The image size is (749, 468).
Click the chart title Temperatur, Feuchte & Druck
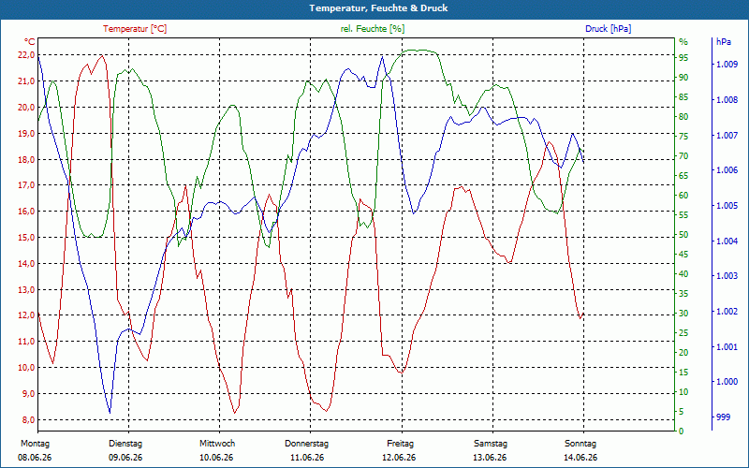378,8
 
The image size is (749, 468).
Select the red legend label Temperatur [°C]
135,29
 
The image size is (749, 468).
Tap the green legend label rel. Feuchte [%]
372,29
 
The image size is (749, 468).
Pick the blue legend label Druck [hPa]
608,29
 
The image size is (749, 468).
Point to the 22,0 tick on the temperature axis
26,55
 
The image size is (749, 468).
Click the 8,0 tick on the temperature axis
26,419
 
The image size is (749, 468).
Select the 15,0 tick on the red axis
26,238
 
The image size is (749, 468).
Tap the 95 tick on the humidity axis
683,58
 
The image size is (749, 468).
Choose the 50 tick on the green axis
683,235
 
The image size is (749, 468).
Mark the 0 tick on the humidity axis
682,431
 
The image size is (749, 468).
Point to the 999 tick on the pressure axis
724,417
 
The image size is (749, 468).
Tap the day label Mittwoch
217,444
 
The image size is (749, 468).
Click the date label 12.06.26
399,458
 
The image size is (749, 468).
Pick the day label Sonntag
580,444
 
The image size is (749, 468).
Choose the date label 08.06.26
35,458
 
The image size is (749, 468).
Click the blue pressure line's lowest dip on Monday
110,413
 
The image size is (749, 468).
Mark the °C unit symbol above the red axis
30,41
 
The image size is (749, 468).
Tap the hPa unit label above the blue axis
724,42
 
